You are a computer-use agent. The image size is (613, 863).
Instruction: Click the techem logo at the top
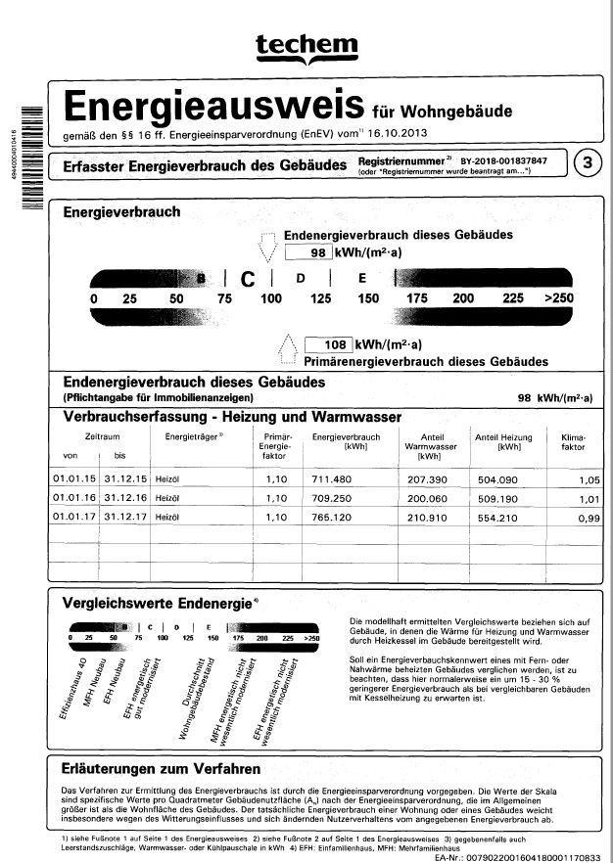(306, 45)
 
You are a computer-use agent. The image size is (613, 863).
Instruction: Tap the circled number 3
(586, 162)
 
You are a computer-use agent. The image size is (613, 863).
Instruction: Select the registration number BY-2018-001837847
(503, 159)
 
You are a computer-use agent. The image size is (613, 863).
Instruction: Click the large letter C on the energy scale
(248, 278)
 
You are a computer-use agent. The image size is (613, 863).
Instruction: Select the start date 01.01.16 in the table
(70, 498)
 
